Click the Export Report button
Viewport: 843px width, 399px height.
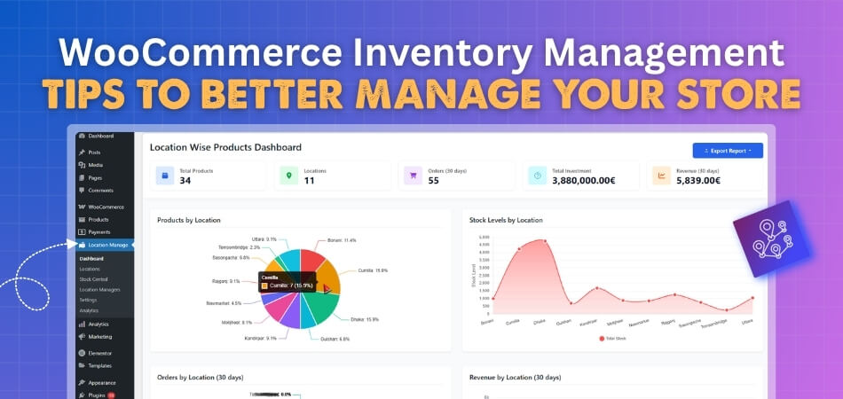(728, 151)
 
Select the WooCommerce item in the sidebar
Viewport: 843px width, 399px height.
(106, 207)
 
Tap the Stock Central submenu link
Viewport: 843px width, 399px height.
(93, 279)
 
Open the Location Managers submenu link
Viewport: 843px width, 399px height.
(99, 290)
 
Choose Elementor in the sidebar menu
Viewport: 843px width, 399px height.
(101, 353)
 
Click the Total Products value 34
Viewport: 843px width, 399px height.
(185, 181)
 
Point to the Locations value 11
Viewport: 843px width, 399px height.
(309, 181)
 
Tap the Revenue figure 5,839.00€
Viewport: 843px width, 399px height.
(697, 181)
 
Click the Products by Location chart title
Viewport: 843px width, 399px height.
(189, 220)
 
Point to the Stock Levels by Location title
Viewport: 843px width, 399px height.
(506, 220)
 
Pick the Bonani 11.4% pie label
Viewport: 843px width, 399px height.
(342, 240)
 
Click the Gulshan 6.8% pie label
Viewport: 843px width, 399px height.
(333, 339)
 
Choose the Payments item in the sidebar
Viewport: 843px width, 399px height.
(99, 232)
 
